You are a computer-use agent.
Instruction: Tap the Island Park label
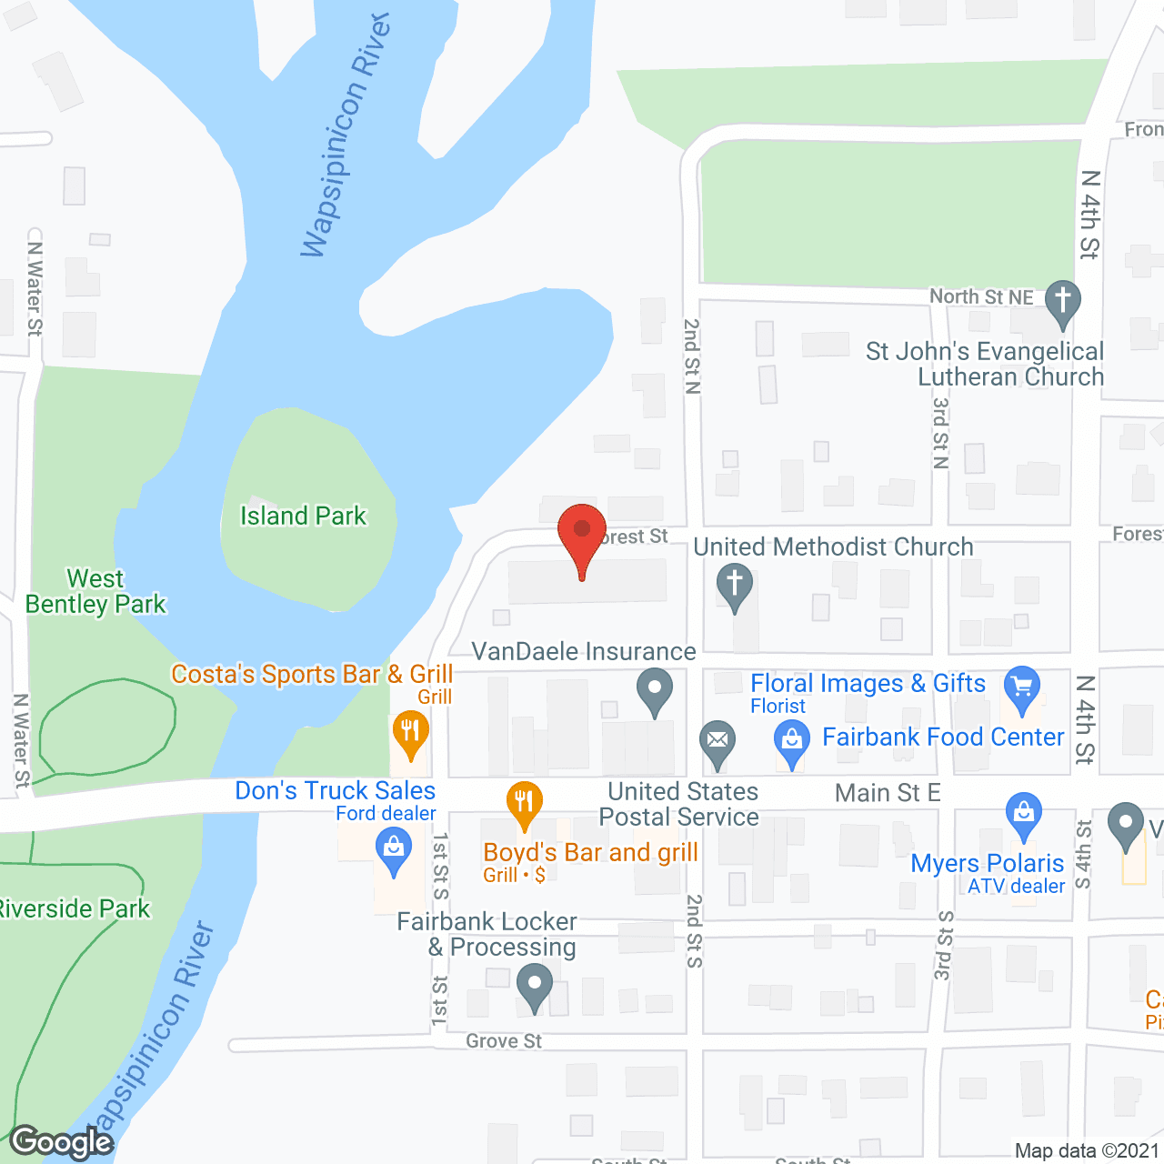click(303, 517)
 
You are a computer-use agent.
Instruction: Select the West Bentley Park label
click(95, 592)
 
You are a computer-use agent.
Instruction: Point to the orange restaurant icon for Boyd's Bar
click(524, 804)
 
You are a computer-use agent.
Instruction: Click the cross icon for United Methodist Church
click(735, 585)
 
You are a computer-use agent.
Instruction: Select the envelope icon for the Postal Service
click(717, 741)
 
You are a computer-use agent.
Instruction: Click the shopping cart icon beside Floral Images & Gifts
click(1022, 687)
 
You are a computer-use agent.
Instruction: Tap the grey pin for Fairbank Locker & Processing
click(535, 986)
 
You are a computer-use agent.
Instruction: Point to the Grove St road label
click(504, 1041)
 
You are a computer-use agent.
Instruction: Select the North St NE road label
click(981, 297)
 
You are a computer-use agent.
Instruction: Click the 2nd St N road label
click(692, 356)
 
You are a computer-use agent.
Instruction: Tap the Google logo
click(62, 1142)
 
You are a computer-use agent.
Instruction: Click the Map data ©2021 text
click(1087, 1151)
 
